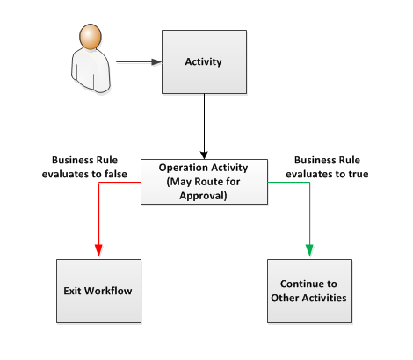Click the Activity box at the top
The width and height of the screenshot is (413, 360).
pos(203,61)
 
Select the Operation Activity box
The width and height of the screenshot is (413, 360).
pos(204,182)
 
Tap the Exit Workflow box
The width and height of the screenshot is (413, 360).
pos(98,290)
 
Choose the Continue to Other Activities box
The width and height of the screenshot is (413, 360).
pos(308,290)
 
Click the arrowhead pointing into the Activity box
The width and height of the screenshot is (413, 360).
pos(156,62)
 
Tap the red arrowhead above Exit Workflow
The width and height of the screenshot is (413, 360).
pos(98,252)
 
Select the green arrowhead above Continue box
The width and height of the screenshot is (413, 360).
pos(309,252)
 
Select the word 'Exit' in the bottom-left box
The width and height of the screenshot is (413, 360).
pos(73,290)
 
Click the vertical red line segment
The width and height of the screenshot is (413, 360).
pos(98,215)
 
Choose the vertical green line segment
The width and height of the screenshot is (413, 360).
pos(309,215)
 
